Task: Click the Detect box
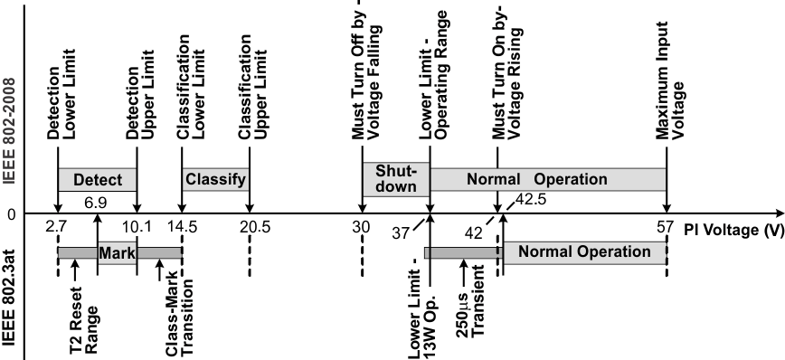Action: click(97, 179)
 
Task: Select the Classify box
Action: click(215, 179)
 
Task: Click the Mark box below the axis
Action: click(117, 252)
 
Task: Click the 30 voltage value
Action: click(361, 226)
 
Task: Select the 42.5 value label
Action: click(532, 199)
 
